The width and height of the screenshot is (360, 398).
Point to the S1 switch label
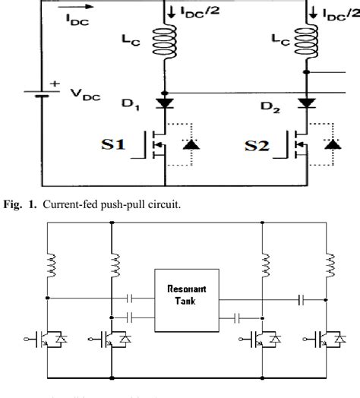pyautogui.click(x=119, y=144)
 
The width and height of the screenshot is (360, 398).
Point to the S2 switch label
pyautogui.click(x=263, y=144)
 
